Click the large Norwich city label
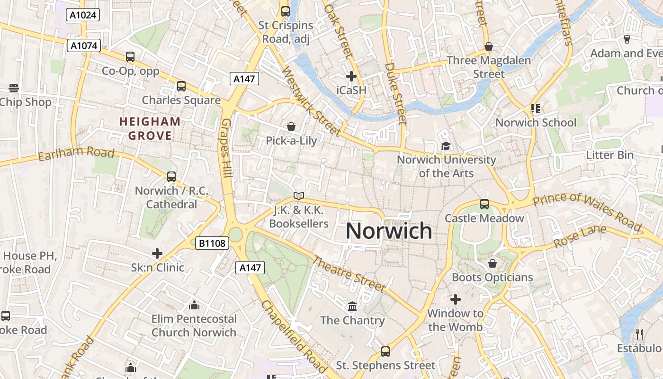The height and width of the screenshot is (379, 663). tap(389, 231)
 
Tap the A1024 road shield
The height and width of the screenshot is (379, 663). tap(83, 15)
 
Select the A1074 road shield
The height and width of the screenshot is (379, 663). tap(83, 45)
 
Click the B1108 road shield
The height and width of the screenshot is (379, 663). tap(213, 244)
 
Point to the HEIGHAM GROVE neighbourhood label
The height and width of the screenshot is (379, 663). tap(150, 129)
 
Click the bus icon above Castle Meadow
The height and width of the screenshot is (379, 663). tap(484, 204)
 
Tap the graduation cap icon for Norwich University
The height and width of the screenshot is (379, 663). tap(446, 146)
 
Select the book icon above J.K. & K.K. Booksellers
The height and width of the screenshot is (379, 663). tap(298, 196)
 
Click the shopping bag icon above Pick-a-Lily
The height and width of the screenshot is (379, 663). tap(291, 126)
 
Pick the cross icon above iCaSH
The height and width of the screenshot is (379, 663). tap(351, 76)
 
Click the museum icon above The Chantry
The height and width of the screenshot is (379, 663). tap(352, 307)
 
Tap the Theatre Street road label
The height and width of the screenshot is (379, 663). tap(349, 274)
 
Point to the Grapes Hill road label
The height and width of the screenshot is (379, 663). tap(226, 148)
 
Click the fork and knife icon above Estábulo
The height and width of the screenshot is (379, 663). tap(639, 334)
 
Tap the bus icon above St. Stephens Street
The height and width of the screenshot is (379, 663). tap(385, 352)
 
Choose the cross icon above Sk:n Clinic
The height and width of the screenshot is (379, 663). tap(157, 253)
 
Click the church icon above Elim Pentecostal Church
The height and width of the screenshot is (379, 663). tap(194, 305)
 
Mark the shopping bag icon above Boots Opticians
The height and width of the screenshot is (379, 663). tap(493, 263)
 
